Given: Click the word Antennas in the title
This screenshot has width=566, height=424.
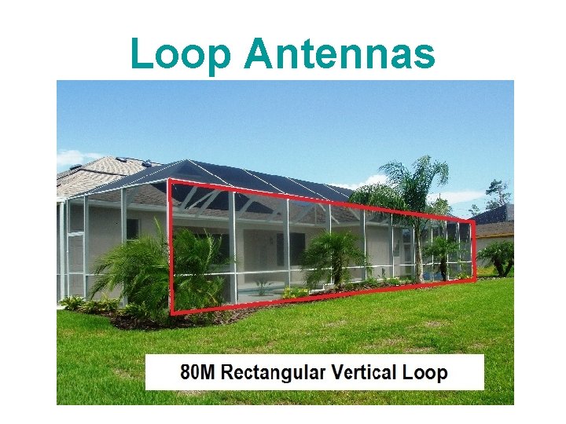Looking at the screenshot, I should click(x=340, y=54).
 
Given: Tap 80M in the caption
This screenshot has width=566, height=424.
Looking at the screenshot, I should click(x=197, y=372).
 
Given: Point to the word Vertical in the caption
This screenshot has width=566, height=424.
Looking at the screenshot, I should click(x=365, y=372).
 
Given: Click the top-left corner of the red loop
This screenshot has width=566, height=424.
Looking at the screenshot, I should click(x=171, y=181).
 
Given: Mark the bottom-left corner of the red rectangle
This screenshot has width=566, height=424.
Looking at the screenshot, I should click(x=172, y=313).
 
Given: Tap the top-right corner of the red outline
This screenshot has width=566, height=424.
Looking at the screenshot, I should click(x=473, y=221).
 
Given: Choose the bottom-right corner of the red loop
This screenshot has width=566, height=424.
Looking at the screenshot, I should click(x=475, y=278).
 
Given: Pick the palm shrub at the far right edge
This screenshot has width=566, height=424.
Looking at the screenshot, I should click(x=500, y=256).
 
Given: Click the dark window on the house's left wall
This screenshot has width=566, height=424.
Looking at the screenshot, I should click(x=133, y=228).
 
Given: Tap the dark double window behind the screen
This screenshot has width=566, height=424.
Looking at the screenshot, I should click(x=290, y=249).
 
